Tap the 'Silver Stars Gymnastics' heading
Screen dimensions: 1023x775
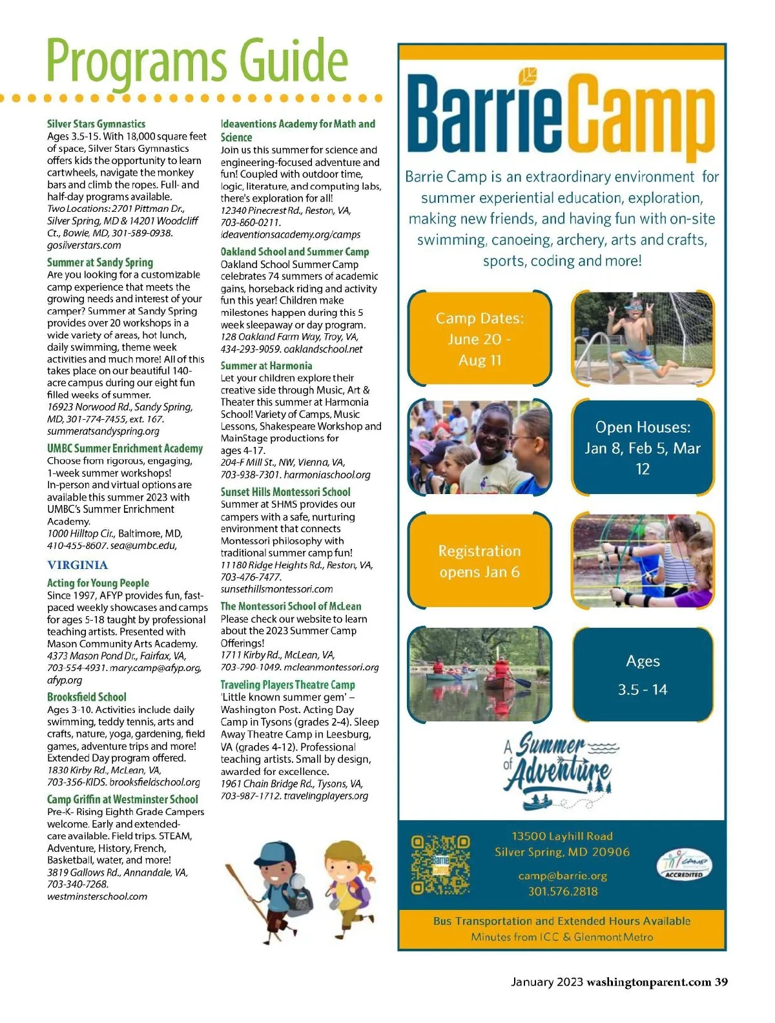[96, 123]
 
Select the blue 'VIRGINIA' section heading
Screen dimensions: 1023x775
[77, 565]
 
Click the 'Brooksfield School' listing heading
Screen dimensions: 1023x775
[87, 697]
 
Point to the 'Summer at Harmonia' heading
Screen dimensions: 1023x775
[266, 366]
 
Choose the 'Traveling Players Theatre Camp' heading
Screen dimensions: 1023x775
[287, 685]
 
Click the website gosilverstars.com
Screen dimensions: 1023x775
[84, 245]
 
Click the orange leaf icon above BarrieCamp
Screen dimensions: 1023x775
[528, 76]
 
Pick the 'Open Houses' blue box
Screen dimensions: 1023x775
[643, 448]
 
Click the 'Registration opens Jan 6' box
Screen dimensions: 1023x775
[480, 561]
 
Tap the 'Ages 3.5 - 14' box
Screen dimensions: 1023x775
[643, 675]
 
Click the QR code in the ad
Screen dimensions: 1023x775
[440, 865]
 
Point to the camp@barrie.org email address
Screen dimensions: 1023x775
[563, 876]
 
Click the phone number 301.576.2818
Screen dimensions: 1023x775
[563, 891]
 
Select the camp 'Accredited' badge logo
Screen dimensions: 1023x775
[684, 864]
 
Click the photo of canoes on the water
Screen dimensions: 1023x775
[480, 675]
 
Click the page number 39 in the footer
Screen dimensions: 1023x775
[721, 982]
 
